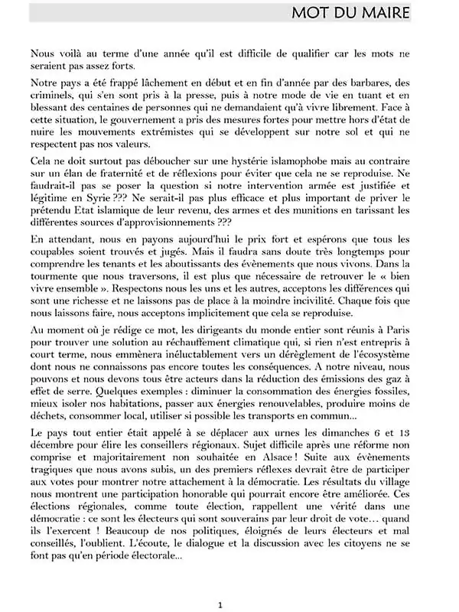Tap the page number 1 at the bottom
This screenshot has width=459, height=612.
tap(220, 604)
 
